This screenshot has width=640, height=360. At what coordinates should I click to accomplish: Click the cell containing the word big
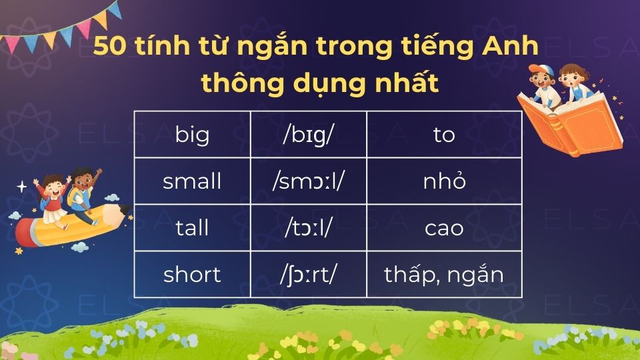point(192,135)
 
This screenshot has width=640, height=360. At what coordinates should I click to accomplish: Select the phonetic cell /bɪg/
point(308,135)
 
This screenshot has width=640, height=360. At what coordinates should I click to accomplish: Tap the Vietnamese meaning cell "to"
point(443,135)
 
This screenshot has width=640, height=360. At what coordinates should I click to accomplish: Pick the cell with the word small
point(192,181)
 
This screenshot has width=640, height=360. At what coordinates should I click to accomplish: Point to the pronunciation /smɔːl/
point(308,181)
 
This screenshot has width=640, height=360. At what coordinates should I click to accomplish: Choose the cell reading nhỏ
point(443,181)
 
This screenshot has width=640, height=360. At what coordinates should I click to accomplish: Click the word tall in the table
point(192,228)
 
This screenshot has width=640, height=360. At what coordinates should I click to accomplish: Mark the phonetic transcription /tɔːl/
point(308,228)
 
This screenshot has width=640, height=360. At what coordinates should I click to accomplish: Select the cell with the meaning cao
point(443,228)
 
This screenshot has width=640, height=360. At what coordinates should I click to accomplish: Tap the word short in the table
point(192,274)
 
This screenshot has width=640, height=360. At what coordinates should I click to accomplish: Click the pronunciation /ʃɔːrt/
point(308,274)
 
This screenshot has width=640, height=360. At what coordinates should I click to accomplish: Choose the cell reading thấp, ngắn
point(443,274)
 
